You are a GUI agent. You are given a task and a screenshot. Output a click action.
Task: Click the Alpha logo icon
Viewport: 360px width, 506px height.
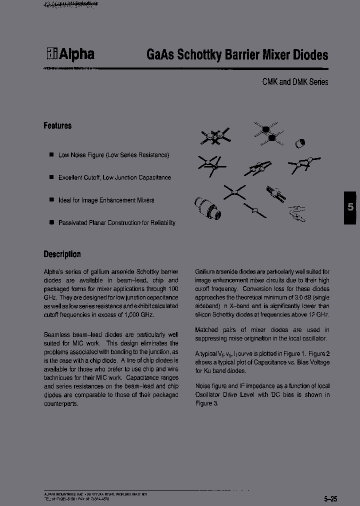coord(51,54)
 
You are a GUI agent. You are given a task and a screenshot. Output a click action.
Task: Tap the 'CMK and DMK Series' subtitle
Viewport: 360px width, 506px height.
coord(295,82)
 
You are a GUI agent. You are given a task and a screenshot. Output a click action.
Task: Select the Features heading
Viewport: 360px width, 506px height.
coord(57,126)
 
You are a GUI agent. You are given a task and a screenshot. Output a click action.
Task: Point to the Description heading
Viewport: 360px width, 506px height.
coord(62,254)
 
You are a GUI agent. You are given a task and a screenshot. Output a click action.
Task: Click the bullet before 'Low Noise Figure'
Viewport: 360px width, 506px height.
coord(51,155)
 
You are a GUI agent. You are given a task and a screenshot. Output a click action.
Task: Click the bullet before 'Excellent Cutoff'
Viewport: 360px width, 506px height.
coord(51,177)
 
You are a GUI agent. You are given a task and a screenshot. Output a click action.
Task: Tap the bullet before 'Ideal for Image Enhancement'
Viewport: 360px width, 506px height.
coord(51,200)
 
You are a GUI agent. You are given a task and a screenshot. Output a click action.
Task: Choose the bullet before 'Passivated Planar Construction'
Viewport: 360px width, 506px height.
coord(51,222)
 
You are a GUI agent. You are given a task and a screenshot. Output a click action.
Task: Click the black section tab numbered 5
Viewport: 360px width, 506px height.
coord(350,207)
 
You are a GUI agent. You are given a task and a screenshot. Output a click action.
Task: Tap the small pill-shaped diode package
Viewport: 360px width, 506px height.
coord(299,143)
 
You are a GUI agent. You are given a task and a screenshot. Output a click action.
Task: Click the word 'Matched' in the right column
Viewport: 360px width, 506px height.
coord(206,329)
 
